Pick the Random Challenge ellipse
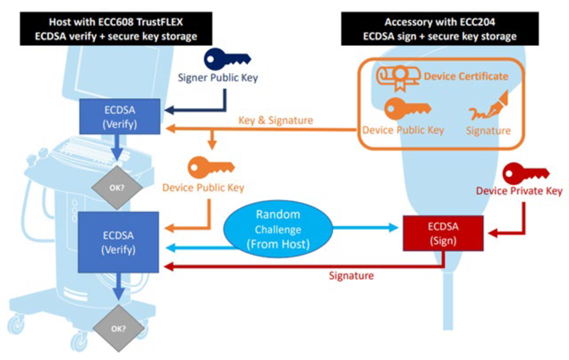click(278, 229)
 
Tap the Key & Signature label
click(275, 120)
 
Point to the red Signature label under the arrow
click(351, 276)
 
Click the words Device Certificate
click(466, 76)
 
